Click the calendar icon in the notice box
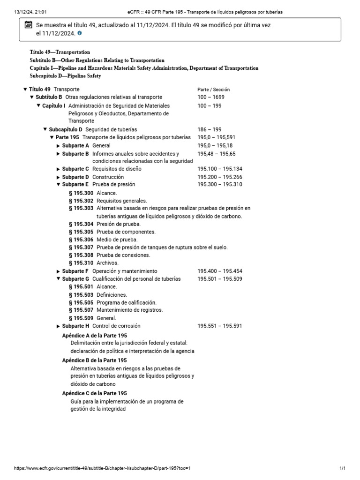coord(27,25)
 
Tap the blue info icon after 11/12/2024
coord(79,33)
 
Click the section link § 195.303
coord(81,208)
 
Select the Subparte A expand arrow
coord(58,146)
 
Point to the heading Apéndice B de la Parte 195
coord(94,360)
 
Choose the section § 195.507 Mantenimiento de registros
coord(116,310)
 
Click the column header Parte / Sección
coord(213,89)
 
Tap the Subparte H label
coord(75,326)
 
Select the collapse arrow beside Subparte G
coord(58,279)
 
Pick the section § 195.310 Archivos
coord(93,263)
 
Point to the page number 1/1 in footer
coord(342,468)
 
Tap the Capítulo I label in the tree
coord(53,106)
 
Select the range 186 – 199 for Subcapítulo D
coord(210,129)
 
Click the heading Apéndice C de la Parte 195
coord(94,393)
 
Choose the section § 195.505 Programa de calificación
coord(112,302)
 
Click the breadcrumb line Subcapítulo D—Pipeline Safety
coord(65,76)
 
